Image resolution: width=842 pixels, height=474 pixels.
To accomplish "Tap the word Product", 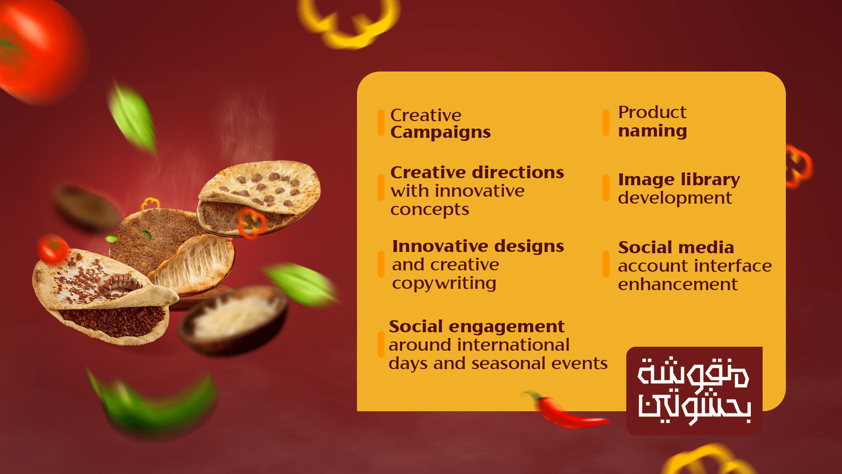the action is (652, 112).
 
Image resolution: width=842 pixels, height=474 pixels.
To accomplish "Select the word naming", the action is (653, 131).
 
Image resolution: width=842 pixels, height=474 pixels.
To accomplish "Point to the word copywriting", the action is (444, 284).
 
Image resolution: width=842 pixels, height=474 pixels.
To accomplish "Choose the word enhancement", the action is (678, 284).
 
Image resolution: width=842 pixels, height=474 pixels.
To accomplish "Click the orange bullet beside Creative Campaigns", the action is (381, 122).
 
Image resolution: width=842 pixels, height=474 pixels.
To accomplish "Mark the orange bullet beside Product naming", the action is (606, 122).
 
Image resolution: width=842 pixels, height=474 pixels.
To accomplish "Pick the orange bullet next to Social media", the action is (606, 264).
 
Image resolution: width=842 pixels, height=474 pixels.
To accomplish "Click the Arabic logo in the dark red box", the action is (694, 391).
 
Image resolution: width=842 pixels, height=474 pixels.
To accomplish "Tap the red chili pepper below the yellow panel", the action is (564, 411).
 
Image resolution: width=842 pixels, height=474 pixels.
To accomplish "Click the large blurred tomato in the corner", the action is (42, 50).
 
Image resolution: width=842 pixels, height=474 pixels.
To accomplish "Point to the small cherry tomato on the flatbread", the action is (52, 249).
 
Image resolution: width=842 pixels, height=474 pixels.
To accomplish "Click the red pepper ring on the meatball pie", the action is (252, 223).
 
